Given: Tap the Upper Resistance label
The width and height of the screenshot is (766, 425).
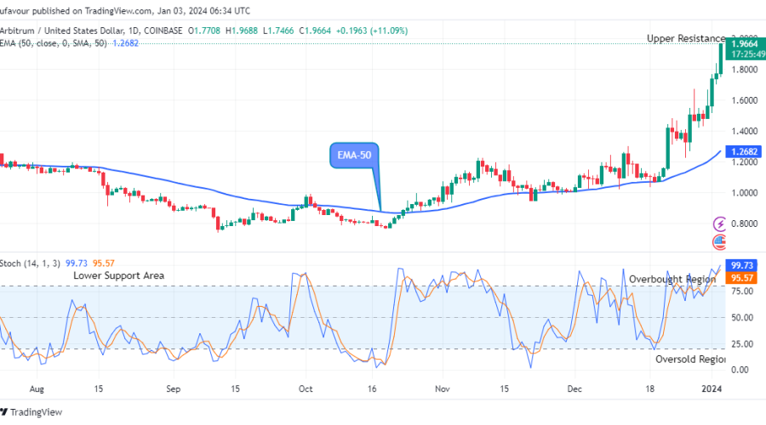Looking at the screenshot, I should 685,38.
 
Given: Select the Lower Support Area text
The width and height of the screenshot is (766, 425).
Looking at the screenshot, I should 118,275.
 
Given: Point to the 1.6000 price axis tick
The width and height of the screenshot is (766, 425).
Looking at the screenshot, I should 743,100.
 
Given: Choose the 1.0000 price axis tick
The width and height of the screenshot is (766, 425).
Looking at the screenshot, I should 743,193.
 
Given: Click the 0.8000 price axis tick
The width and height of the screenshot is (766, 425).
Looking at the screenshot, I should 743,224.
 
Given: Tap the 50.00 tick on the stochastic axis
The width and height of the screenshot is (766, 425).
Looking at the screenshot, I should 740,317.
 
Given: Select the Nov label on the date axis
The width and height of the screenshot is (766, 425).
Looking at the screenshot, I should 441,388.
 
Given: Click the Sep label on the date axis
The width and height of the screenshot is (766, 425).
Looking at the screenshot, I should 173,388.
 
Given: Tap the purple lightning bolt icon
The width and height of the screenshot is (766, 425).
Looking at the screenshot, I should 720,224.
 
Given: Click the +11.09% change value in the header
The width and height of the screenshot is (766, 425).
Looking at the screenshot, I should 388,31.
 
